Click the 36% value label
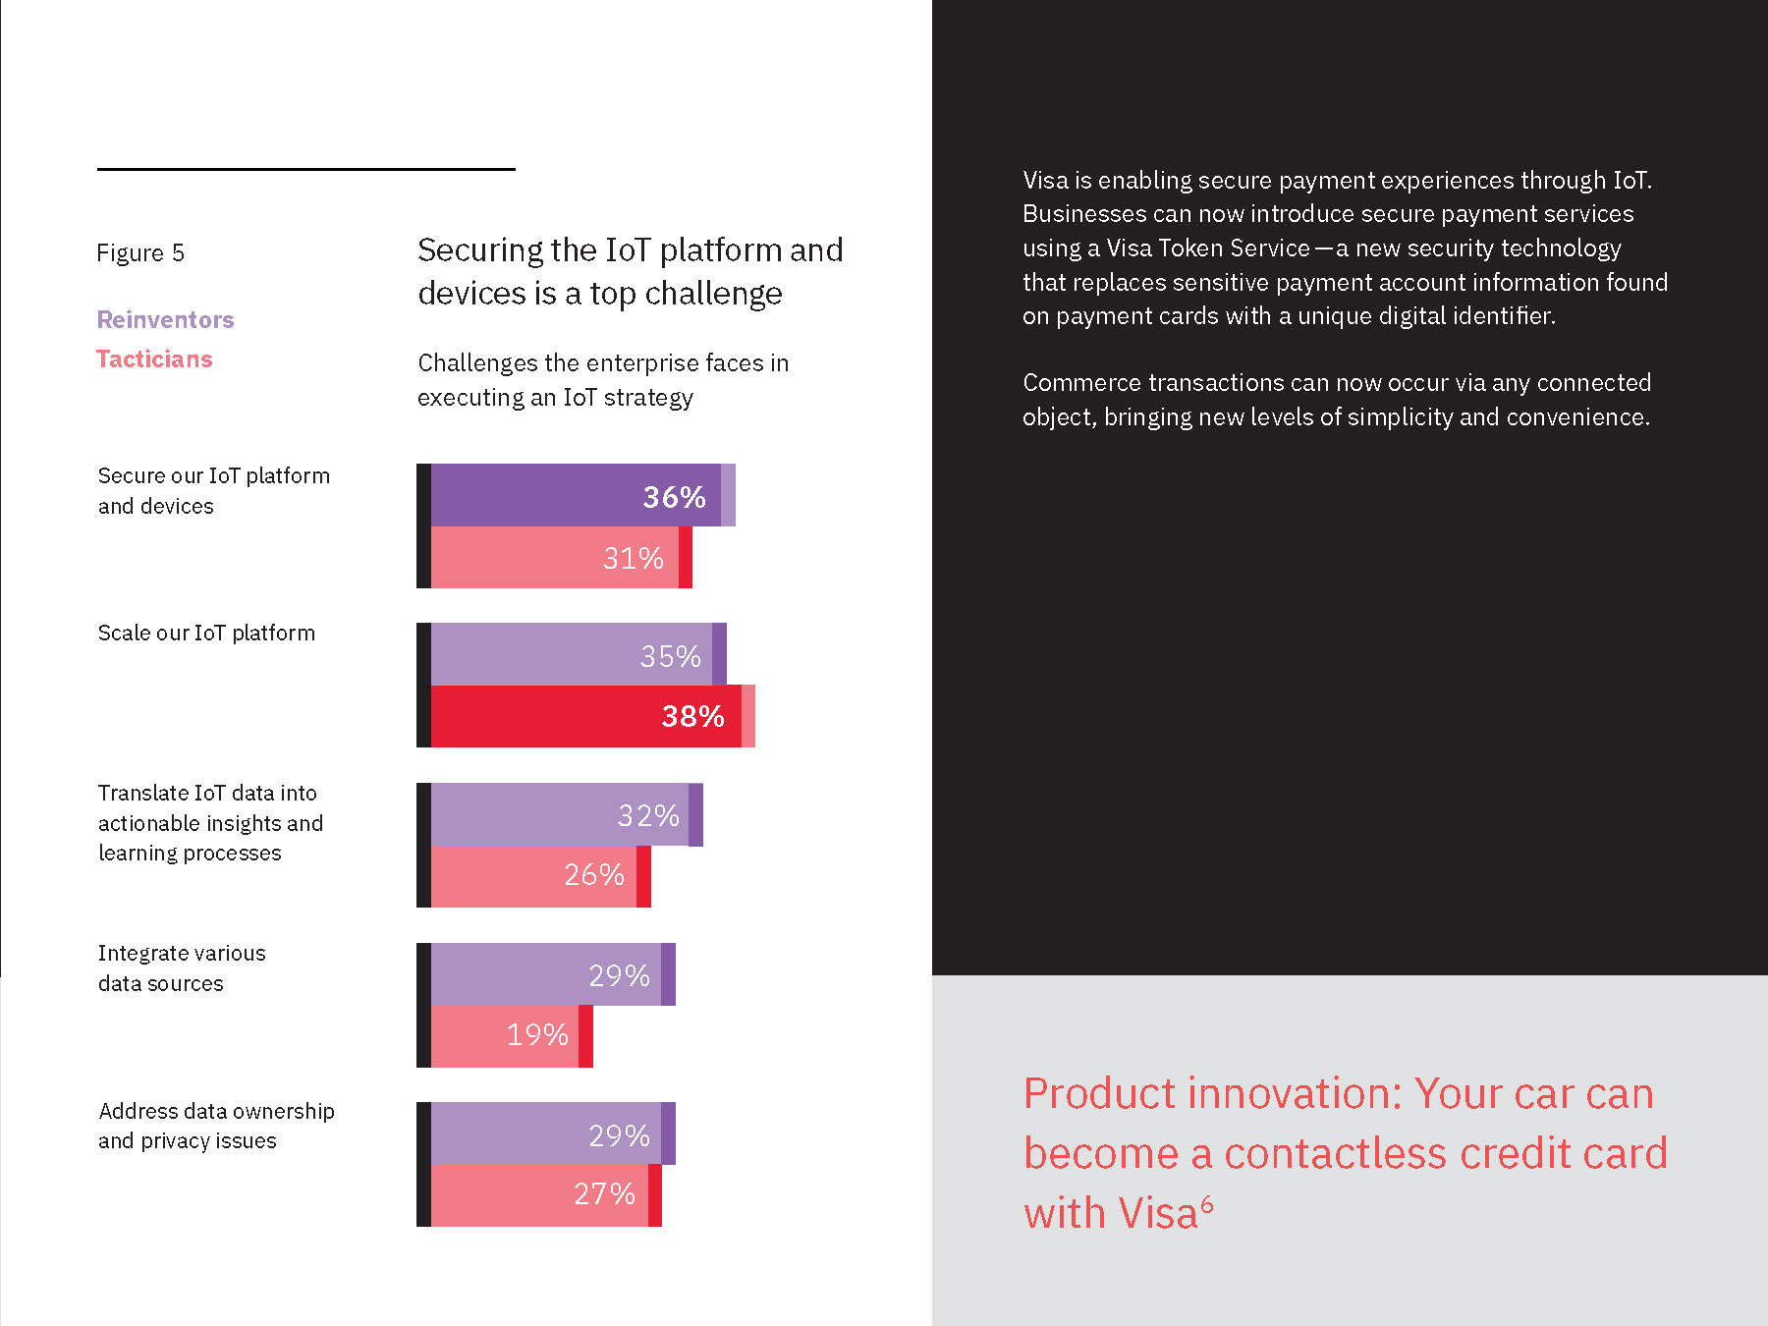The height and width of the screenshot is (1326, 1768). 674,497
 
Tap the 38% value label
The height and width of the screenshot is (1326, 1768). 692,716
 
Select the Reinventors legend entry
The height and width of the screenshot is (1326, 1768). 165,320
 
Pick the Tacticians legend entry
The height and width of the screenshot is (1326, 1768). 154,359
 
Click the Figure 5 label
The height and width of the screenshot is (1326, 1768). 140,253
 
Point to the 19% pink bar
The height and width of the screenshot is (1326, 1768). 511,1035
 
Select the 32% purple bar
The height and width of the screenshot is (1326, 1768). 566,814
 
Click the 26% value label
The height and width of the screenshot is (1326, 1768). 593,874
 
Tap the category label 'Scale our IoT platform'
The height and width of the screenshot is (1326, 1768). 206,634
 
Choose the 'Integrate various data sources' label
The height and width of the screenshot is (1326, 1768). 182,968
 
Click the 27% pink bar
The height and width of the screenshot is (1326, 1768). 545,1194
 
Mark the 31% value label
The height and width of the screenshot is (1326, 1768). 633,558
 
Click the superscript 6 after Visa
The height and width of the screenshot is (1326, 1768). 1207,1203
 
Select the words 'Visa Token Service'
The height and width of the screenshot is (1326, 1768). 1208,249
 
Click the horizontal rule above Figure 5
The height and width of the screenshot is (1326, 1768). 305,169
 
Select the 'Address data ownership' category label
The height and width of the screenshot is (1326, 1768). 216,1112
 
